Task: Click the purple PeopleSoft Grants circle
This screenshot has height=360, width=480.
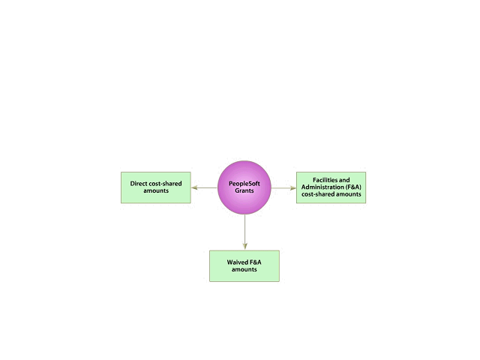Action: (244, 187)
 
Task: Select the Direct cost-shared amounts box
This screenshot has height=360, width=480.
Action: (156, 187)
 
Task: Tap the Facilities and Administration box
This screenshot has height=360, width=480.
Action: (331, 187)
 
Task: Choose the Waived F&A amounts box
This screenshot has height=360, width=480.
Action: (244, 265)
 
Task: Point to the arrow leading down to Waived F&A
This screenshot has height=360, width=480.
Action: (244, 232)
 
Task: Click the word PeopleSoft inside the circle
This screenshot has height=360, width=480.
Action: (244, 184)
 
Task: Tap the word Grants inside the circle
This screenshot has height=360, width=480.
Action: (244, 191)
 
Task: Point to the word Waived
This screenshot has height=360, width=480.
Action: (238, 262)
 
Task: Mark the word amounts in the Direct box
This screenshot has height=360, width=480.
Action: (156, 191)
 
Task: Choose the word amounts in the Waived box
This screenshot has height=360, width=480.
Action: (244, 269)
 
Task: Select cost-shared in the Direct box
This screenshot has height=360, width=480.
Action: (166, 184)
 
